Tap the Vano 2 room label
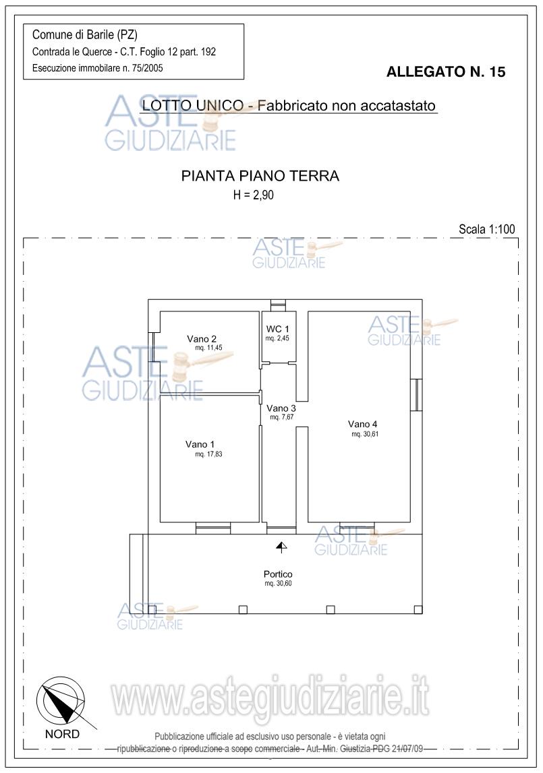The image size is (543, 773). point(202,339)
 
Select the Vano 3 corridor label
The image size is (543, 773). point(281,408)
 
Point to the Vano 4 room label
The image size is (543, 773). point(362,424)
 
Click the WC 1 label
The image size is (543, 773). point(277,329)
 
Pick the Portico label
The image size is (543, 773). point(278,574)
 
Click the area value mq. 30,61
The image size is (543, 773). point(366,434)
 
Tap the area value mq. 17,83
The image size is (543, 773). point(209,454)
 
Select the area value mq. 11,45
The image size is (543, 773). point(209,348)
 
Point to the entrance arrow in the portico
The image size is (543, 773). point(281,547)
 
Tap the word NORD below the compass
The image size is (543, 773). point(62,734)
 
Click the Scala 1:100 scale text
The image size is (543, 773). point(487,228)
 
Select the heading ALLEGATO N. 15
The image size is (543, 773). point(446,72)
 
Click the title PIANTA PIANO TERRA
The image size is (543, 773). point(260,176)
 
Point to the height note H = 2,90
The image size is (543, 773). point(253,195)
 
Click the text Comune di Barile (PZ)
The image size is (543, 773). point(85,34)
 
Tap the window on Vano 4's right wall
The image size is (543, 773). point(417,394)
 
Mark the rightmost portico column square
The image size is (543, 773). point(418,609)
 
